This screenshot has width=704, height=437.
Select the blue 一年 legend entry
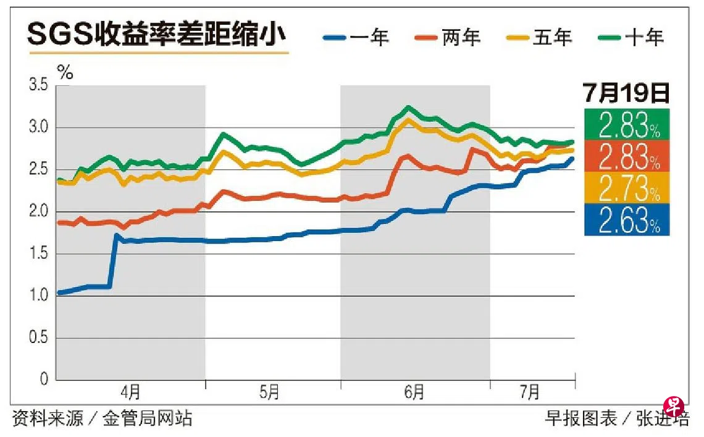tap(356, 38)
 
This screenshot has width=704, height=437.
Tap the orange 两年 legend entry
tap(448, 38)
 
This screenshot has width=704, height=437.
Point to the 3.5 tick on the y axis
tap(38, 85)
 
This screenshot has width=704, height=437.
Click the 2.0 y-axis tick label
tap(38, 212)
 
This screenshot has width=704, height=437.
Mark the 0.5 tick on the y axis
tap(38, 338)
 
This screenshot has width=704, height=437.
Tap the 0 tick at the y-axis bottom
tap(43, 380)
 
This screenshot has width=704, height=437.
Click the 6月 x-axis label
tap(414, 392)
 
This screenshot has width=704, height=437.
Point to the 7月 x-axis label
tap(529, 392)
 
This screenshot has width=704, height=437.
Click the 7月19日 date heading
tap(626, 93)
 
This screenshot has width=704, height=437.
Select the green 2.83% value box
tap(626, 125)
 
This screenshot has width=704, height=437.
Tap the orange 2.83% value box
tap(626, 157)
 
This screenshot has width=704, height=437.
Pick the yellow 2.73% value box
tap(626, 189)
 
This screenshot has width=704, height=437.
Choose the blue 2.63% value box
tap(626, 221)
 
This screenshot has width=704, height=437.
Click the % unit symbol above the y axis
tap(65, 72)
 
